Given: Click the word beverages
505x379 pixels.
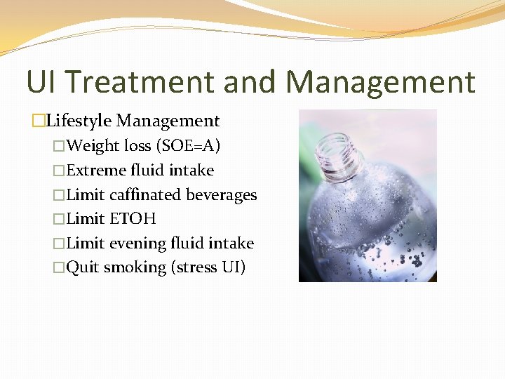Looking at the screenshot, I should (x=222, y=195).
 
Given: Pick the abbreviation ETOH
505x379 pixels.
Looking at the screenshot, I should (x=133, y=219).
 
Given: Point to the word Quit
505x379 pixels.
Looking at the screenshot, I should (x=83, y=267).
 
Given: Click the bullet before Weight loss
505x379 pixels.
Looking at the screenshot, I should (x=59, y=147).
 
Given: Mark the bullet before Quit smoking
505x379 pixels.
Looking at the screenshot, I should (x=59, y=268).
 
